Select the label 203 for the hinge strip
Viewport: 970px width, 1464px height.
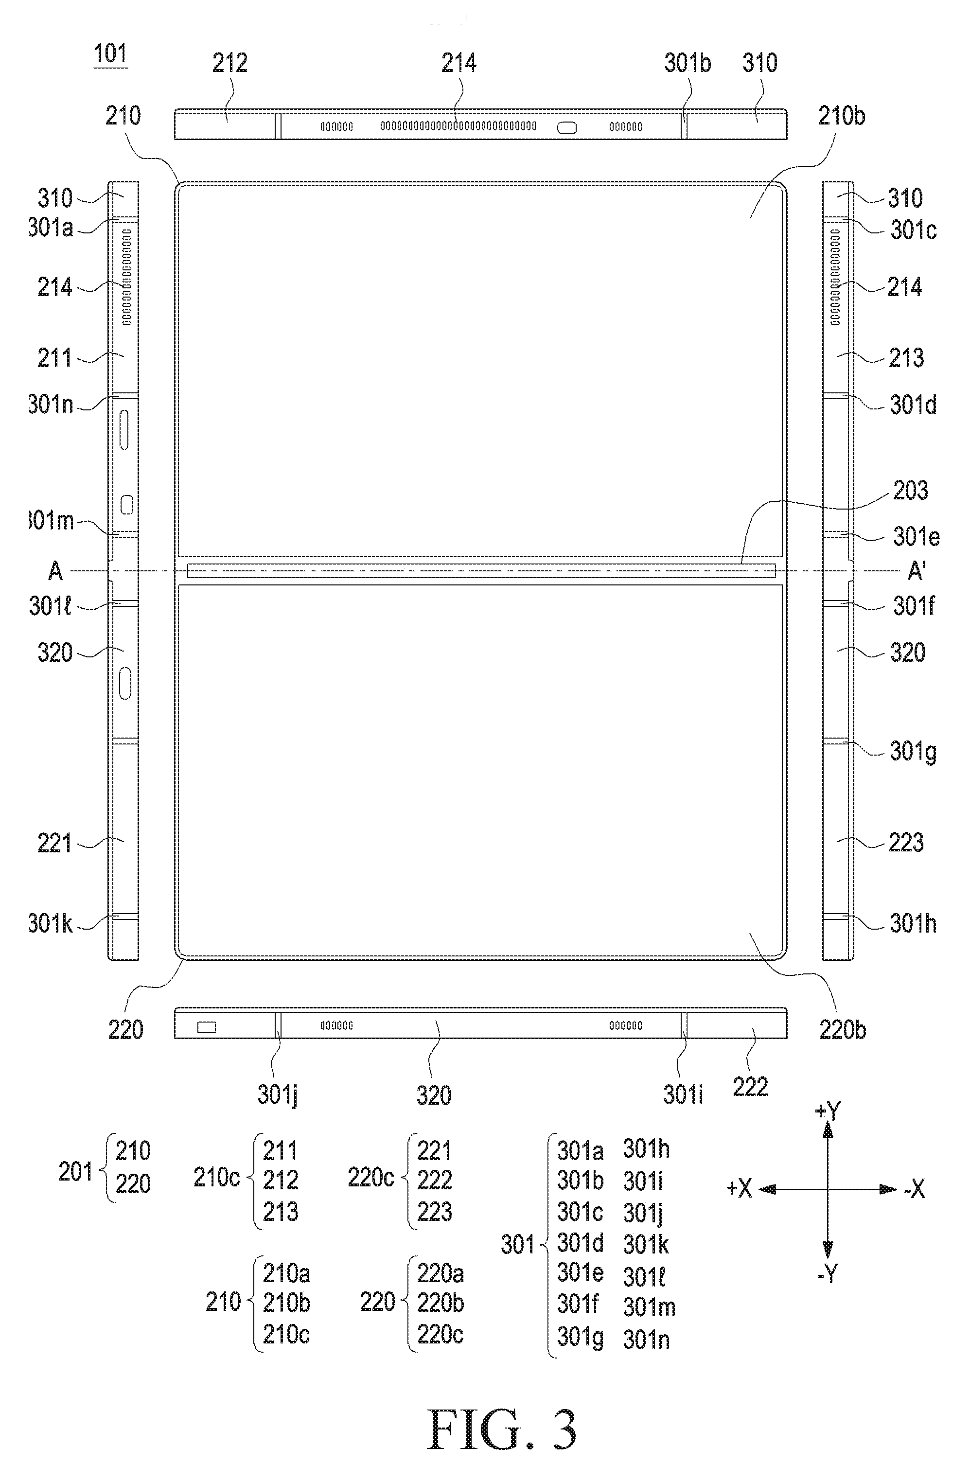click(910, 491)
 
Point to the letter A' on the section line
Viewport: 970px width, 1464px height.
click(916, 571)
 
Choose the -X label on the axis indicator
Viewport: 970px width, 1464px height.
click(914, 1189)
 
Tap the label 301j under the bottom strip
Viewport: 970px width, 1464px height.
click(277, 1096)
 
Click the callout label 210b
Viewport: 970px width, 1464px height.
click(841, 116)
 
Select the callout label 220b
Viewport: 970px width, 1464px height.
click(843, 1030)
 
